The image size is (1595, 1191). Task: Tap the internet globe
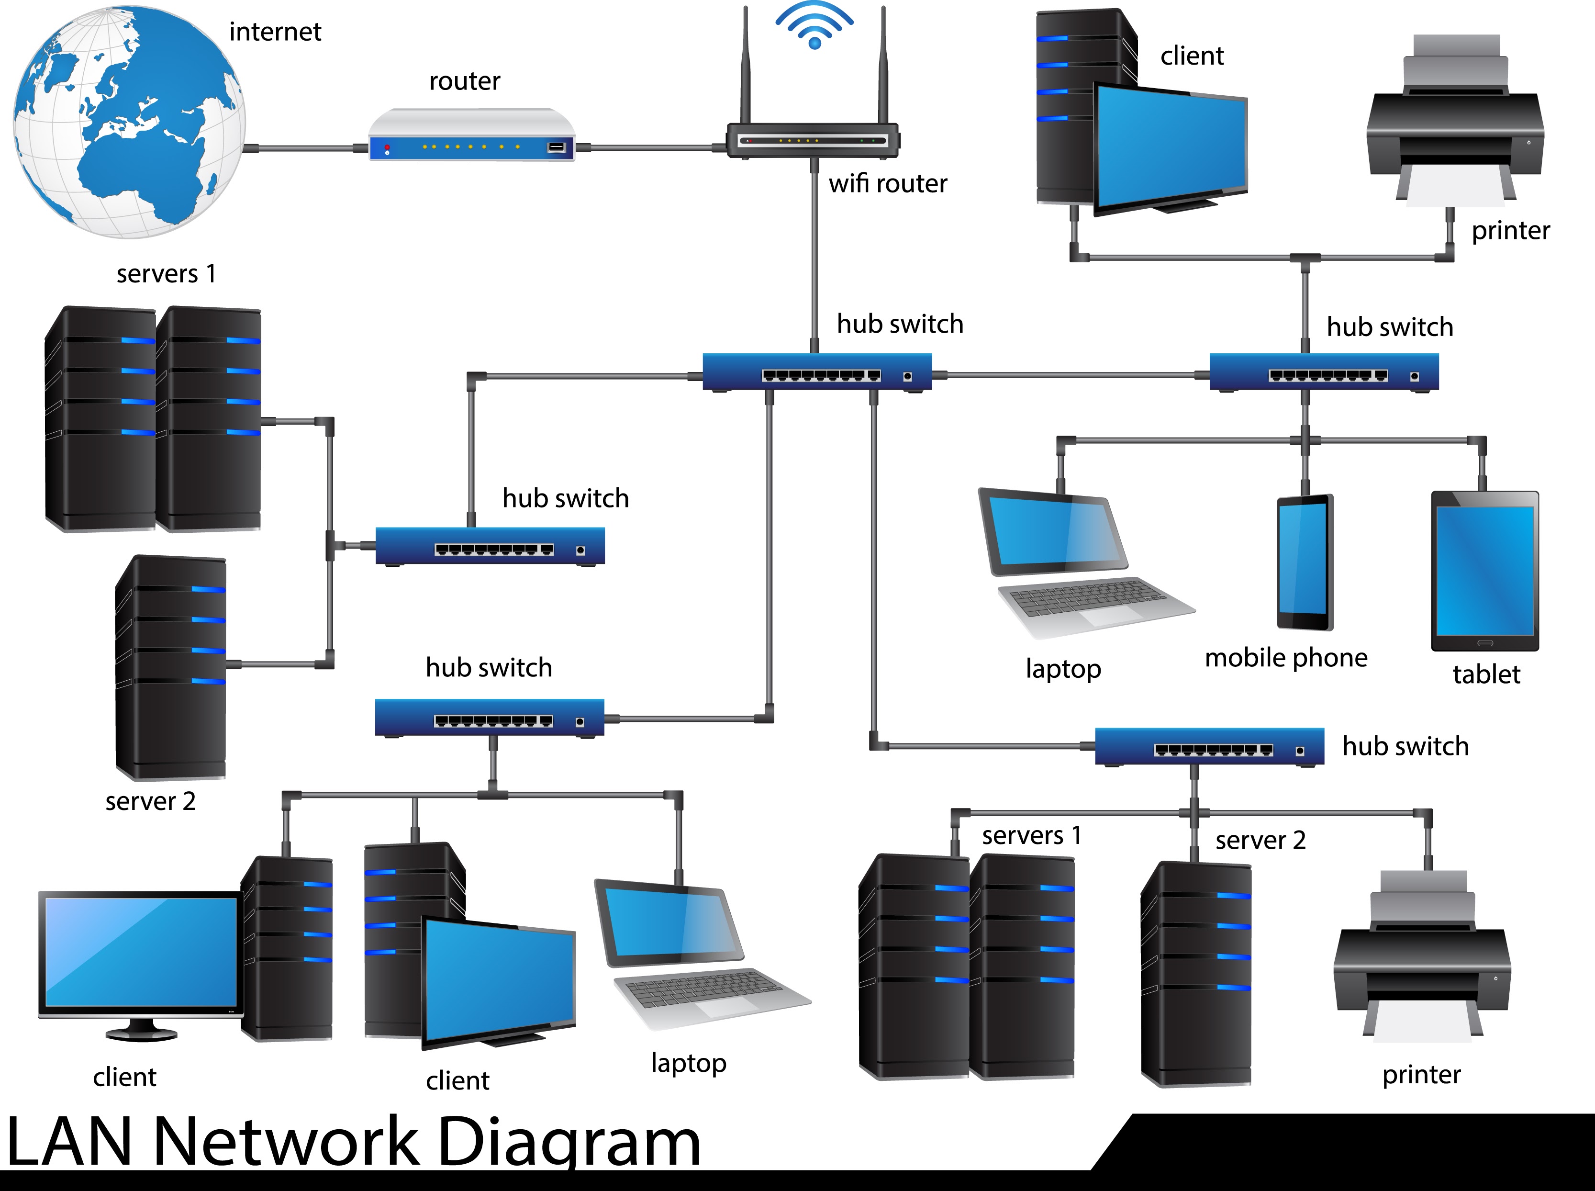128,121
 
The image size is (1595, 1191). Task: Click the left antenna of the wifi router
746,65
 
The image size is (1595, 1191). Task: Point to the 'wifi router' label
887,184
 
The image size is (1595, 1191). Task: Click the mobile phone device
1305,562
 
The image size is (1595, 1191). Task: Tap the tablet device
1485,571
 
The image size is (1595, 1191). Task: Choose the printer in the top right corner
1455,123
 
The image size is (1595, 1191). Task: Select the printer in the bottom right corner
1421,959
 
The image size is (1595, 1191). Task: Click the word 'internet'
275,32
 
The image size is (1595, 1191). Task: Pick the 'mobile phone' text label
1286,658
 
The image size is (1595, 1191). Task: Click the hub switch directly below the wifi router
816,372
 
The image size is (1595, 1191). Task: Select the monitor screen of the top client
1171,144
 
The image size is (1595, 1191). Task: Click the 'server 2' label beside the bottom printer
1260,841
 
